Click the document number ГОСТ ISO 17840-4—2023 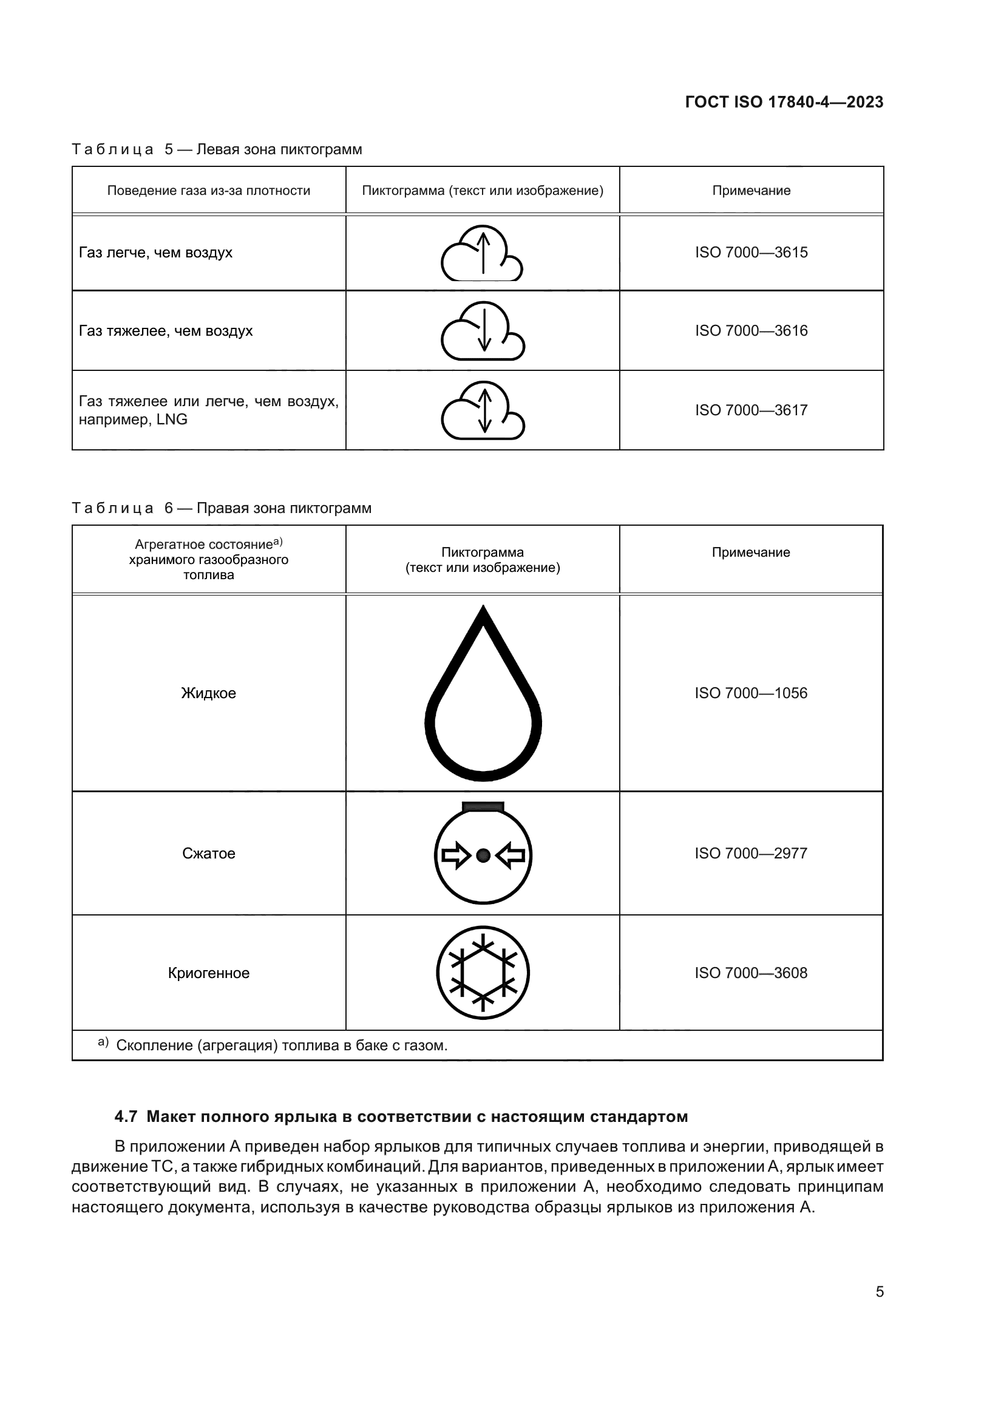pos(784,103)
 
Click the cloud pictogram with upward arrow pos(482,253)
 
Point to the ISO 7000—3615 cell pos(751,253)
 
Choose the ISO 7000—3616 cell pos(751,331)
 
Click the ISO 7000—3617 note pos(751,410)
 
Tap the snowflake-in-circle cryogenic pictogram pos(483,973)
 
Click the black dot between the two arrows pos(483,855)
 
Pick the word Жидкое pos(208,693)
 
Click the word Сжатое pos(208,854)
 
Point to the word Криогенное pos(208,973)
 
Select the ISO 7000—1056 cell pos(750,693)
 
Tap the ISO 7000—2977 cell pos(750,854)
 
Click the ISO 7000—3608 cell pos(750,973)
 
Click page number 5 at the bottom pos(879,1292)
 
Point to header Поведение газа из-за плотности pos(208,191)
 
